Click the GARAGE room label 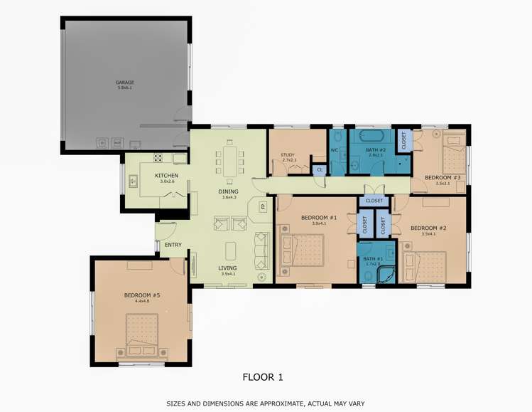[124, 83]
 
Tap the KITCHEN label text [166, 176]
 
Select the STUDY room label [288, 155]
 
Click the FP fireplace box [262, 206]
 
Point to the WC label [334, 150]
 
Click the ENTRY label [173, 245]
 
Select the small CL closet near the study [320, 169]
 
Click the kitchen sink [133, 181]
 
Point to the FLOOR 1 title [263, 377]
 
